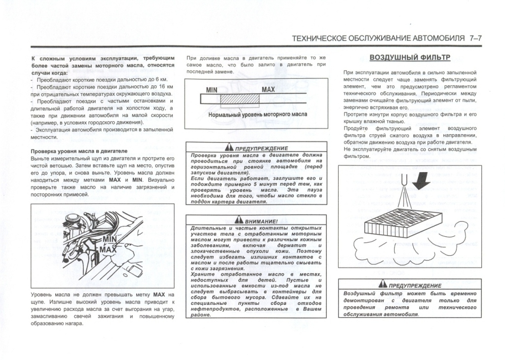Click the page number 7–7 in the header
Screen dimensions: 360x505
pyautogui.click(x=478, y=38)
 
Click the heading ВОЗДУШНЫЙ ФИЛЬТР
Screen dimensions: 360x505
pyautogui.click(x=410, y=57)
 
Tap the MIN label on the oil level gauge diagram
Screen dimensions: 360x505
pyautogui.click(x=212, y=90)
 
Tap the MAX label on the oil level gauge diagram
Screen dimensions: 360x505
pyautogui.click(x=268, y=90)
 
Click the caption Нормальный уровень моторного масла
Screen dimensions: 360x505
pyautogui.click(x=257, y=114)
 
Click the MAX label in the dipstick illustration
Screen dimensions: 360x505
pyautogui.click(x=108, y=250)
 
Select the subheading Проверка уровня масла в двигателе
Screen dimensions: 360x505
pyautogui.click(x=79, y=151)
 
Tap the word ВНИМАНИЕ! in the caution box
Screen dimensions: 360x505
pyautogui.click(x=261, y=221)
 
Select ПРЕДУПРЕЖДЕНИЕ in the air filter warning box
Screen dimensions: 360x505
pyautogui.click(x=415, y=286)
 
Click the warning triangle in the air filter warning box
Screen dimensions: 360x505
pyautogui.click(x=382, y=285)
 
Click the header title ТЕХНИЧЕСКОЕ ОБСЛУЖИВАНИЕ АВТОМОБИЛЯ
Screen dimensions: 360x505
pyautogui.click(x=378, y=38)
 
